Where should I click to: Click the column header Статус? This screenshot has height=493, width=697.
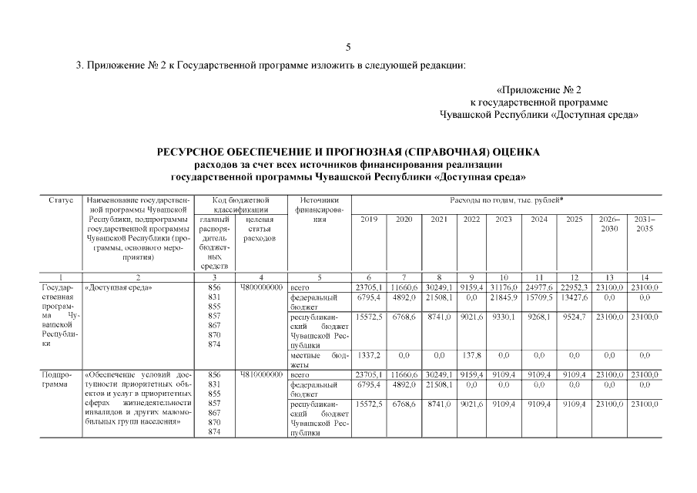point(60,200)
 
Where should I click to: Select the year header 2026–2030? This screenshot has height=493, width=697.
point(609,223)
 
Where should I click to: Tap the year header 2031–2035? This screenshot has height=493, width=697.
point(644,223)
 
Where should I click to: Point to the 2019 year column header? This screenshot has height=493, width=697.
point(368,219)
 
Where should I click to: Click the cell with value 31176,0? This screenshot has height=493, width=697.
point(504,287)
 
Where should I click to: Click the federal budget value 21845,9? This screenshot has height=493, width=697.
point(504,297)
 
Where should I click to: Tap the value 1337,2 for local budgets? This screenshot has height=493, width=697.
point(368,356)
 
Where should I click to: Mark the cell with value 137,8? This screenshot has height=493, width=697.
point(471,356)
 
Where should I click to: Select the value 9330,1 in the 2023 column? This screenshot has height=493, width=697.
point(504,317)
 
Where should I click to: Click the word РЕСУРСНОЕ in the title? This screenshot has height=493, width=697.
point(195,152)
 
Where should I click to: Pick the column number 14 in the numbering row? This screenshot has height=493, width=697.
point(644,277)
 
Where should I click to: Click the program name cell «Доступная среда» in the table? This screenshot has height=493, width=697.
point(119,287)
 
